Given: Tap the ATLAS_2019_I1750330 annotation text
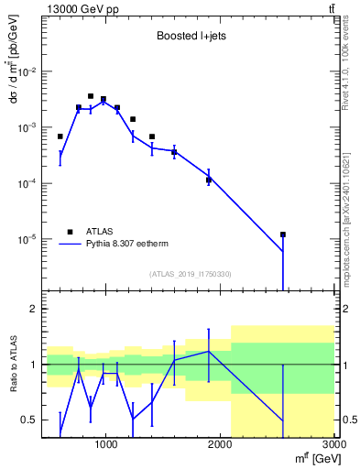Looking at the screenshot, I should pos(191,274).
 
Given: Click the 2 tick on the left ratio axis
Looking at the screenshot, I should pos(34,309).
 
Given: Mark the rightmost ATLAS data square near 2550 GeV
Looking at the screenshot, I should pos(283,234).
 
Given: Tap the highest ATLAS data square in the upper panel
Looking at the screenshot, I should pos(91,95).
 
